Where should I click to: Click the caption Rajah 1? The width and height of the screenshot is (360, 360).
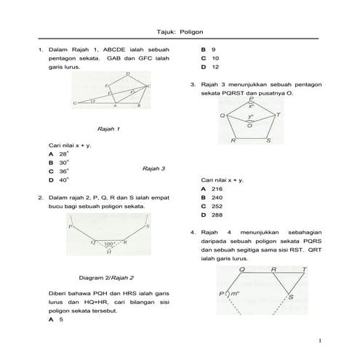pyautogui.click(x=108, y=128)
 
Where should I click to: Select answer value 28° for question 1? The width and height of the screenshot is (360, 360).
pyautogui.click(x=64, y=154)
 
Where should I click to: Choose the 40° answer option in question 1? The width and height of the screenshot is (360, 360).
pyautogui.click(x=64, y=180)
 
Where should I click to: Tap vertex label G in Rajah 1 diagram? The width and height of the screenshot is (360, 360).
pyautogui.click(x=75, y=103)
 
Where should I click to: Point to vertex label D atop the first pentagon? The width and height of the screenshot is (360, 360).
pyautogui.click(x=128, y=73)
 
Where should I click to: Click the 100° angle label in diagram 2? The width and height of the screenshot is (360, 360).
pyautogui.click(x=109, y=244)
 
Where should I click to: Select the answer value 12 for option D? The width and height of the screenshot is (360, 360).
pyautogui.click(x=216, y=67)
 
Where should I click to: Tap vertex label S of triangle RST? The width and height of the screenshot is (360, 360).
pyautogui.click(x=291, y=297)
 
